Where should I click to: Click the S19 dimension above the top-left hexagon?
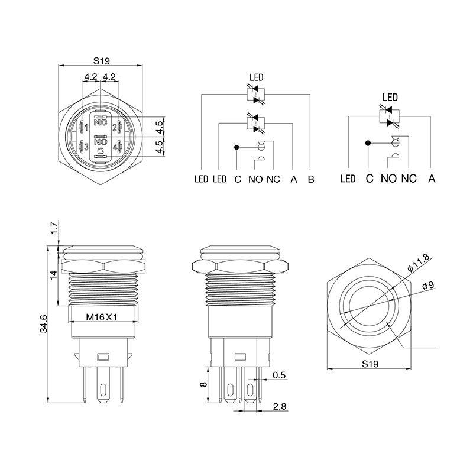tap(101, 60)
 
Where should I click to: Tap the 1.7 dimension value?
tap(53, 228)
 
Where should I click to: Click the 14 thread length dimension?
tap(53, 275)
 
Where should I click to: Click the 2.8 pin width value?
tap(280, 407)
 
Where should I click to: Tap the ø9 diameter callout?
tap(427, 286)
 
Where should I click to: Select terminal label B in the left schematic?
tap(310, 179)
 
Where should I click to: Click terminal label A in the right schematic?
tap(432, 179)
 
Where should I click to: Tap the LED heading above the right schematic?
tap(390, 98)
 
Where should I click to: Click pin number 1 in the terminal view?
tap(86, 128)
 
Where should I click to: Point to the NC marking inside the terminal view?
tap(101, 124)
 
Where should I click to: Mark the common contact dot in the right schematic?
tap(368, 142)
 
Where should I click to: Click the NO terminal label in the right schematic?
tap(388, 179)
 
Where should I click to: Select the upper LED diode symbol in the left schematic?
tap(255, 93)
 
